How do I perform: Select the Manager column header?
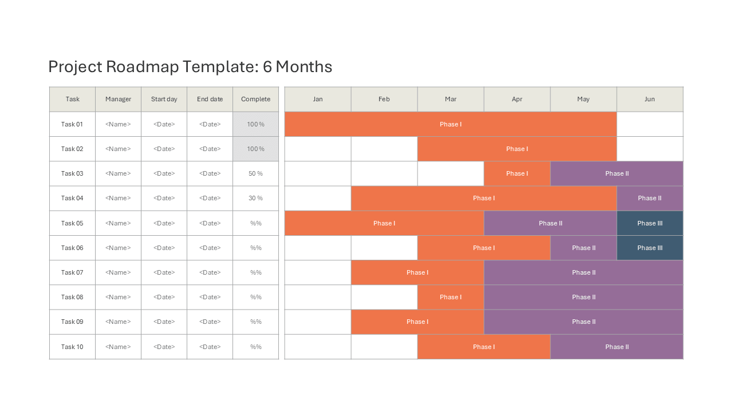pyautogui.click(x=118, y=99)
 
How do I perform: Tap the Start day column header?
pyautogui.click(x=164, y=99)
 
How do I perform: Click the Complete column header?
pyautogui.click(x=255, y=99)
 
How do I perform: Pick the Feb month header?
pyautogui.click(x=384, y=99)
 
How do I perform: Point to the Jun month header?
pyautogui.click(x=650, y=99)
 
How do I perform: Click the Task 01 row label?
pyautogui.click(x=72, y=124)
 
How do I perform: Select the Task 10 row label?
pyautogui.click(x=72, y=347)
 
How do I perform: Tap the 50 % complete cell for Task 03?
pyautogui.click(x=255, y=173)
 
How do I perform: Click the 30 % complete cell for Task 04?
pyautogui.click(x=255, y=198)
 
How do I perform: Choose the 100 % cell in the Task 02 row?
pyautogui.click(x=255, y=149)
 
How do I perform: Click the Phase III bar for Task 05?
pyautogui.click(x=650, y=223)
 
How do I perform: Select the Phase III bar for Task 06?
pyautogui.click(x=650, y=248)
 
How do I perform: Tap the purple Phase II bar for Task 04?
pyautogui.click(x=650, y=198)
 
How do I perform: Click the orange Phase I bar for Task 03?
pyautogui.click(x=517, y=173)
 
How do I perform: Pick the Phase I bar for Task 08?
pyautogui.click(x=451, y=297)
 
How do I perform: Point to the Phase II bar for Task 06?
pyautogui.click(x=584, y=248)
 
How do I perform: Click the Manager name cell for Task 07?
pyautogui.click(x=118, y=272)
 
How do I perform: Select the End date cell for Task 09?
pyautogui.click(x=210, y=322)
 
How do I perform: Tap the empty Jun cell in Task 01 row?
pyautogui.click(x=650, y=124)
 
